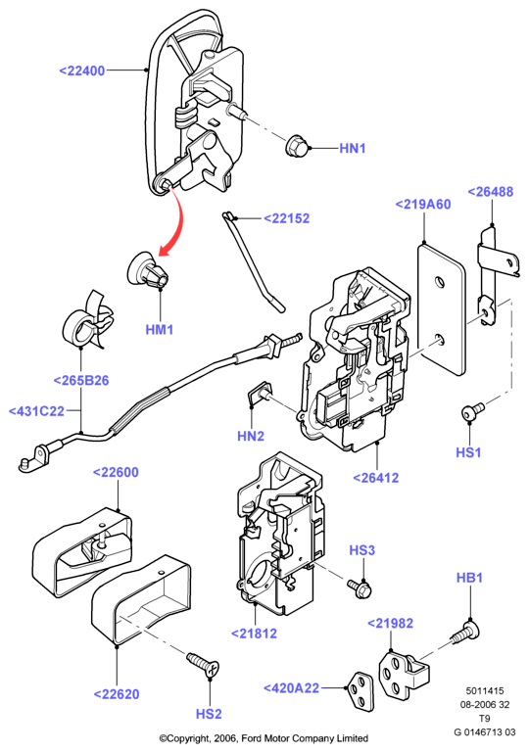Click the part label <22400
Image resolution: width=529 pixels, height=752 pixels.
point(82,70)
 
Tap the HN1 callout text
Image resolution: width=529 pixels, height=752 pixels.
point(353,149)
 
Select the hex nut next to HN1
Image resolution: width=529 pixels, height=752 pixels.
point(297,146)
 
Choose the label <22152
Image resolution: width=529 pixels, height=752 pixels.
point(287,218)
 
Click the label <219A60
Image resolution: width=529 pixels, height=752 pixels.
point(423,205)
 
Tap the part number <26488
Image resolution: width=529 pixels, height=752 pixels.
point(491,192)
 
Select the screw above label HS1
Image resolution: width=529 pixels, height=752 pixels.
point(472,411)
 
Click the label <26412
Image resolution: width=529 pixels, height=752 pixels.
point(376,478)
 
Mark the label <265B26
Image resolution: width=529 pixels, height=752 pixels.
point(81,381)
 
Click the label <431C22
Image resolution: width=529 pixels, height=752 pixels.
point(36,411)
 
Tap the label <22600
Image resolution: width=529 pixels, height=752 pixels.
point(116,472)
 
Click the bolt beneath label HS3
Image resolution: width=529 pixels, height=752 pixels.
point(361,588)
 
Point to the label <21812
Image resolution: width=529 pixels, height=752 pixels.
point(255,634)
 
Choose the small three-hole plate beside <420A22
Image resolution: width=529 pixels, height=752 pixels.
point(361,690)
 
